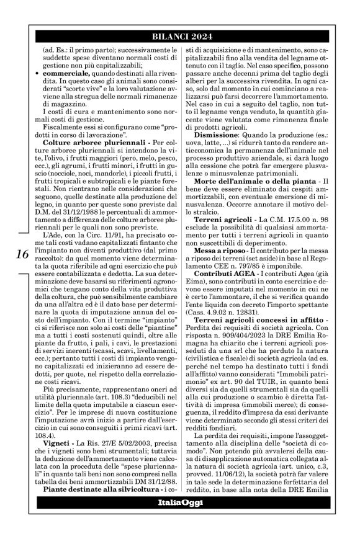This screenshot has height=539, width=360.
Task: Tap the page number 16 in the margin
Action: (20, 253)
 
